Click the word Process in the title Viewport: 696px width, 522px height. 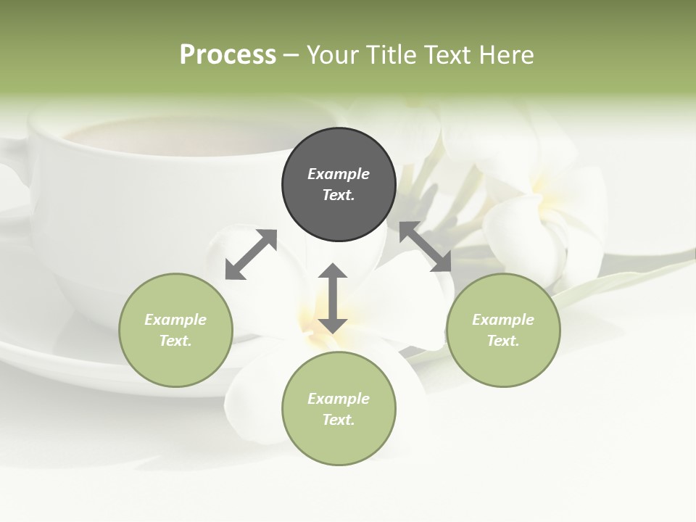pos(228,55)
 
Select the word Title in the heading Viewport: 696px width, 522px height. pos(391,55)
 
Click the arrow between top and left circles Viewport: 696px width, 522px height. pos(251,254)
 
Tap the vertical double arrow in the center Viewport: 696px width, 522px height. pos(333,298)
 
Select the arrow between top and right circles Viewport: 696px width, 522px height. pos(426,246)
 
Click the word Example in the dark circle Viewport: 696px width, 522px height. pos(339,174)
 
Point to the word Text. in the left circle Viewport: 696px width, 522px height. pos(175,341)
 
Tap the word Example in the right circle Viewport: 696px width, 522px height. pos(503,320)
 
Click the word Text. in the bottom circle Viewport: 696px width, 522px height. pos(339,420)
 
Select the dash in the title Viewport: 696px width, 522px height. pos(291,55)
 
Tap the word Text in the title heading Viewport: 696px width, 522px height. pos(448,55)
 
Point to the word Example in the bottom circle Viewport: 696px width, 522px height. pos(339,399)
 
